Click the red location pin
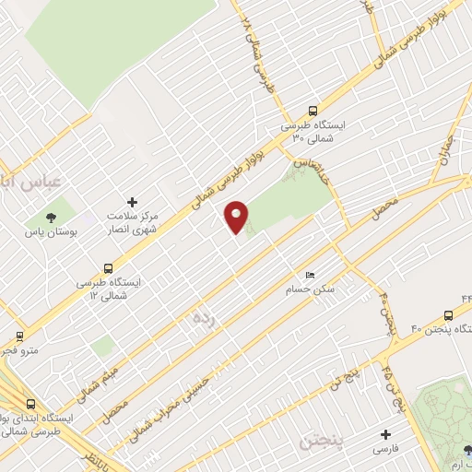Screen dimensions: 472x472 pyautogui.click(x=237, y=217)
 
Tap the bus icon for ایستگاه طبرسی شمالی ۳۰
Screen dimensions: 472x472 pyautogui.click(x=314, y=109)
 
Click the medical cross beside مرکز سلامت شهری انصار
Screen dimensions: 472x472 pyautogui.click(x=133, y=201)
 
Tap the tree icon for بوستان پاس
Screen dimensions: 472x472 pyautogui.click(x=49, y=218)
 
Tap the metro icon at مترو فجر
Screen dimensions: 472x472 pyautogui.click(x=19, y=336)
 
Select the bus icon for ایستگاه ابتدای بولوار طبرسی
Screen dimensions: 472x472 pyautogui.click(x=32, y=404)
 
